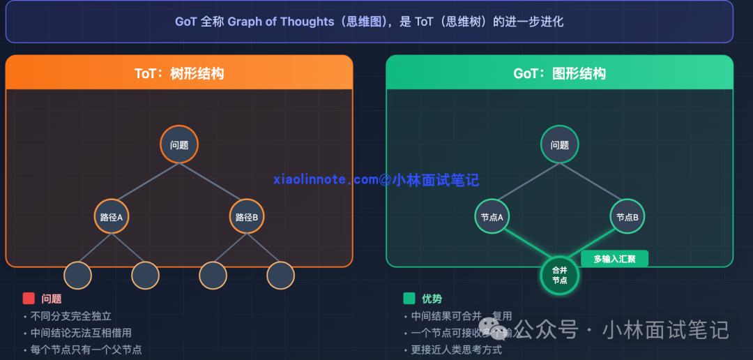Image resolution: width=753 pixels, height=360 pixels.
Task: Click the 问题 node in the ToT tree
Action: pyautogui.click(x=179, y=144)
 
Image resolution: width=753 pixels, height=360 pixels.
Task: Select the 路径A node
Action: pyautogui.click(x=112, y=216)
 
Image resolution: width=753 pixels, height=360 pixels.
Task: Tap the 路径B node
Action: pyautogui.click(x=247, y=216)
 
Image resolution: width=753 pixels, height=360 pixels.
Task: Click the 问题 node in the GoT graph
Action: pyautogui.click(x=559, y=144)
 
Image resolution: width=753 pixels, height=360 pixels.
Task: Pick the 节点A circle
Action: pyautogui.click(x=492, y=216)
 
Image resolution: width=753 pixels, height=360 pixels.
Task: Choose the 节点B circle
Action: pyautogui.click(x=627, y=216)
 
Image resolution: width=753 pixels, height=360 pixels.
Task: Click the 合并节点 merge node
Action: pyautogui.click(x=559, y=275)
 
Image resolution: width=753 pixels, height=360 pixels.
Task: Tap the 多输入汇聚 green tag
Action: pyautogui.click(x=614, y=259)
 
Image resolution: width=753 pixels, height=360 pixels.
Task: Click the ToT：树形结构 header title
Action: pyautogui.click(x=179, y=73)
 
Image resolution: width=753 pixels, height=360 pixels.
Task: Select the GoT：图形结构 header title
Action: pyautogui.click(x=559, y=73)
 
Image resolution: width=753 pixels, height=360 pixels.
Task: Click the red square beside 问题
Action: pyautogui.click(x=29, y=299)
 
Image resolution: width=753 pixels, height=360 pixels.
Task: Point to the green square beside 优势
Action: pyautogui.click(x=409, y=299)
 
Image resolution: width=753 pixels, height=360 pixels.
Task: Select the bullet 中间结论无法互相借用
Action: pyautogui.click(x=81, y=333)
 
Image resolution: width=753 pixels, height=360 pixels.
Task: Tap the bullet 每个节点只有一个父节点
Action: pyautogui.click(x=86, y=350)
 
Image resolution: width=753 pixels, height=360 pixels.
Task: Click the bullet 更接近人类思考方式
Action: pyautogui.click(x=456, y=350)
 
